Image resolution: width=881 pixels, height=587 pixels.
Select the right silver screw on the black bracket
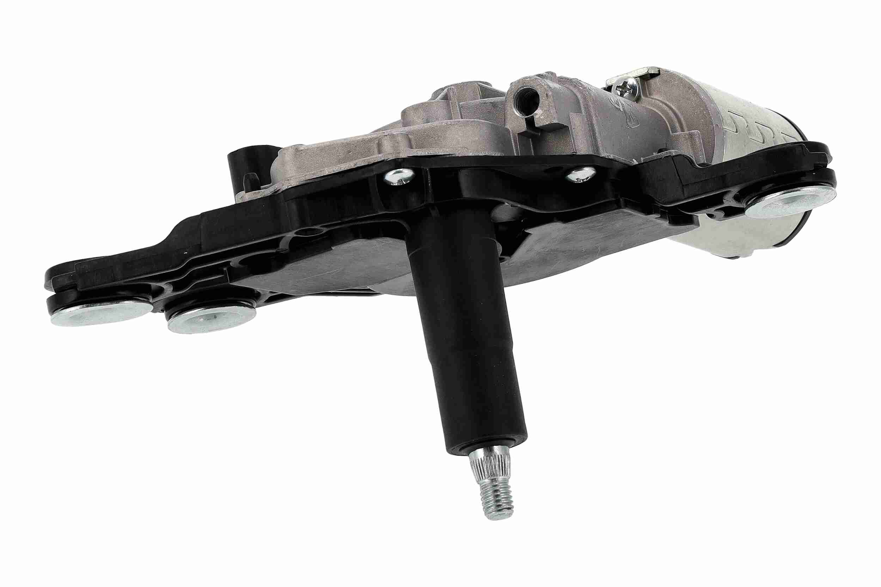coord(580,174)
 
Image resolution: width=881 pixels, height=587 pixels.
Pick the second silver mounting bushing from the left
coord(210,318)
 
